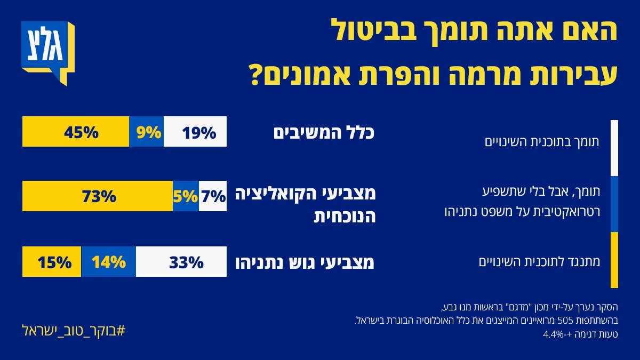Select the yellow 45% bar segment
point(76,132)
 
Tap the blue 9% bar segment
point(147,132)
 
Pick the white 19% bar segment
point(195,132)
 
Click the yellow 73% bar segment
point(98,196)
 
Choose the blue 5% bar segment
point(186,196)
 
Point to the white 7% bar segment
point(213,196)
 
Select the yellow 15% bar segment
point(52,262)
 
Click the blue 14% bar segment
point(109,262)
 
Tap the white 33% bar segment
point(181,262)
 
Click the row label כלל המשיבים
point(324,132)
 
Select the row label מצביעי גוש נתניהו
point(305,262)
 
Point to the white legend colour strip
point(614,148)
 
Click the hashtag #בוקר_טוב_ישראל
point(73,330)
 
